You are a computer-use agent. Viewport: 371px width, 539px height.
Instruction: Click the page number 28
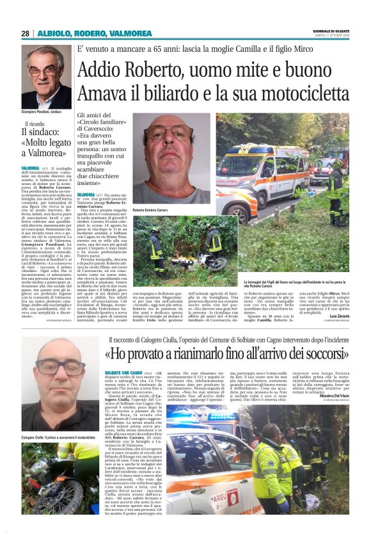tap(25, 33)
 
